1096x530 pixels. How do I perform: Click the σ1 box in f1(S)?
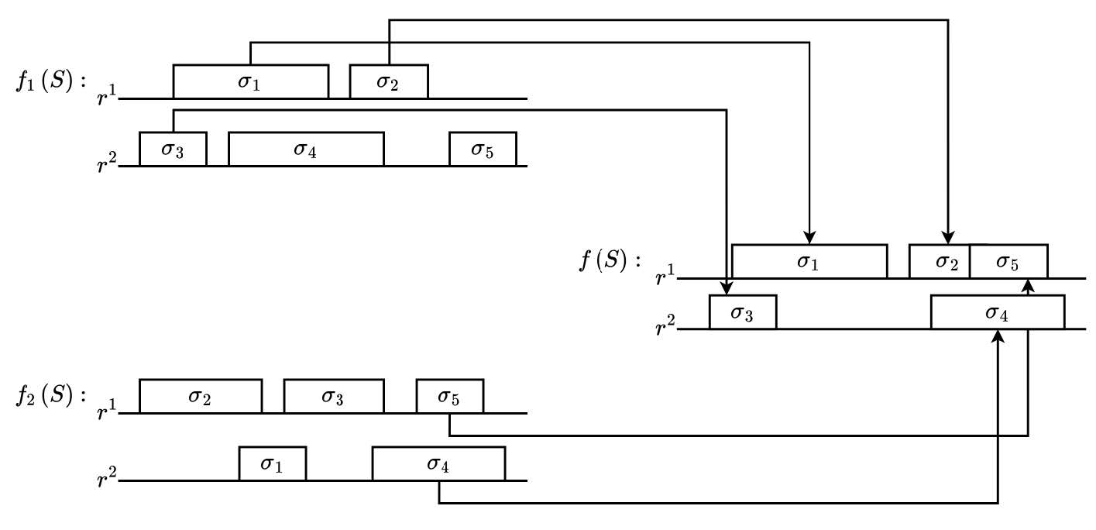point(250,81)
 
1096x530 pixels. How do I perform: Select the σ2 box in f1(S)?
point(388,81)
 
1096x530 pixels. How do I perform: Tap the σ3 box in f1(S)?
point(173,149)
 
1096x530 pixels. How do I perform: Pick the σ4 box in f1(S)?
point(305,149)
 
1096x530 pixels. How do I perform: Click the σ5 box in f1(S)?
point(482,149)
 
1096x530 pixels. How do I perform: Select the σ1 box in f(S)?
point(809,262)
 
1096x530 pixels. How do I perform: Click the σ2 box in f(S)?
point(939,262)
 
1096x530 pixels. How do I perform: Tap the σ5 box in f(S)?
point(1008,262)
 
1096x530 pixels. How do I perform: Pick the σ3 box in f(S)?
point(742,312)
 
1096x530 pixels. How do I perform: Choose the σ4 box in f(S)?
point(997,312)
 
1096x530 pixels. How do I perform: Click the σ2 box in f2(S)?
point(200,396)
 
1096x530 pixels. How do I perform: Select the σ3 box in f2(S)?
point(333,396)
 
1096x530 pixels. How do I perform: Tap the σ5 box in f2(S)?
point(449,396)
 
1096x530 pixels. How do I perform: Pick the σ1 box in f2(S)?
point(272,463)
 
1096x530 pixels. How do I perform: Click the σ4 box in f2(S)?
point(438,463)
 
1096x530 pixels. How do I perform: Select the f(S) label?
point(610,261)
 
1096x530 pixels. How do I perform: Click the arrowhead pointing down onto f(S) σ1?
point(809,237)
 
